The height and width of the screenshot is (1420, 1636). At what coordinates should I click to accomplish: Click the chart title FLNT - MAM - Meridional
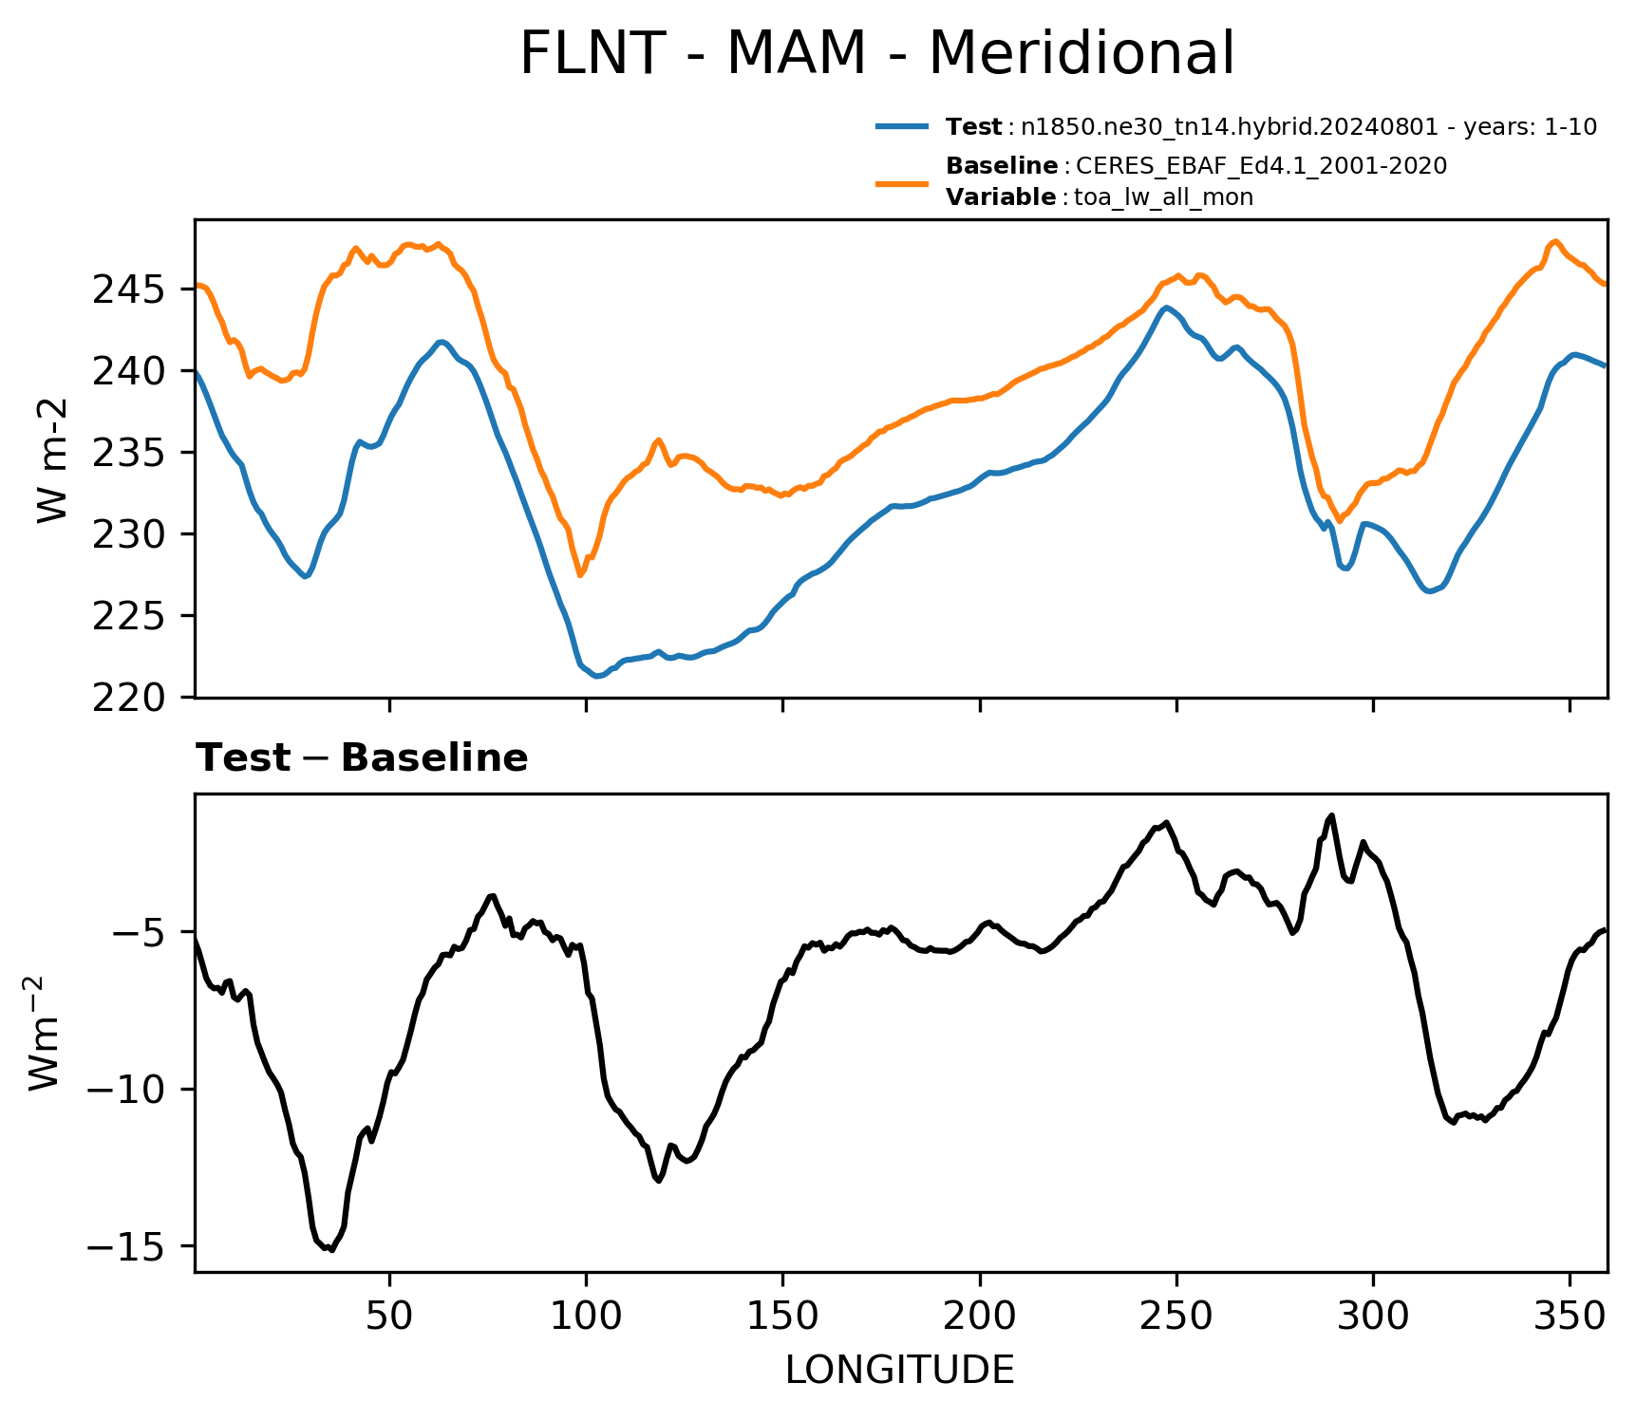pyautogui.click(x=877, y=53)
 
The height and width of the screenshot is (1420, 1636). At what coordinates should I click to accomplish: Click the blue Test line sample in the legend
pyautogui.click(x=902, y=126)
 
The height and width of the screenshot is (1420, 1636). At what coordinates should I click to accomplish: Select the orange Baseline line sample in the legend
pyautogui.click(x=902, y=182)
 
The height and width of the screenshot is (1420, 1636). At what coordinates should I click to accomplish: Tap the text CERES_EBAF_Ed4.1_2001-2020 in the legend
pyautogui.click(x=1262, y=166)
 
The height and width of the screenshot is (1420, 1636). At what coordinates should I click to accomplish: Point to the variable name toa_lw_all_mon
pyautogui.click(x=1163, y=197)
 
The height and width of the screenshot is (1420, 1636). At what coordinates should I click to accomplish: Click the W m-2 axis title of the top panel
pyautogui.click(x=53, y=459)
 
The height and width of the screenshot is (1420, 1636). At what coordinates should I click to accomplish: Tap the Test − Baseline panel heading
pyautogui.click(x=362, y=758)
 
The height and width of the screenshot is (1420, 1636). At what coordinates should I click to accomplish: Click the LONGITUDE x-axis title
pyautogui.click(x=900, y=1370)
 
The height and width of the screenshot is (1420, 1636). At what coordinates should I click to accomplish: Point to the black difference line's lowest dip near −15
pyautogui.click(x=330, y=1250)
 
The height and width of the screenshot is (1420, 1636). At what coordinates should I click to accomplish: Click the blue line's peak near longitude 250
pyautogui.click(x=1167, y=308)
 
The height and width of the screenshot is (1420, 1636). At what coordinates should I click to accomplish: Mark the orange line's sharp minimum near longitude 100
pyautogui.click(x=580, y=575)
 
